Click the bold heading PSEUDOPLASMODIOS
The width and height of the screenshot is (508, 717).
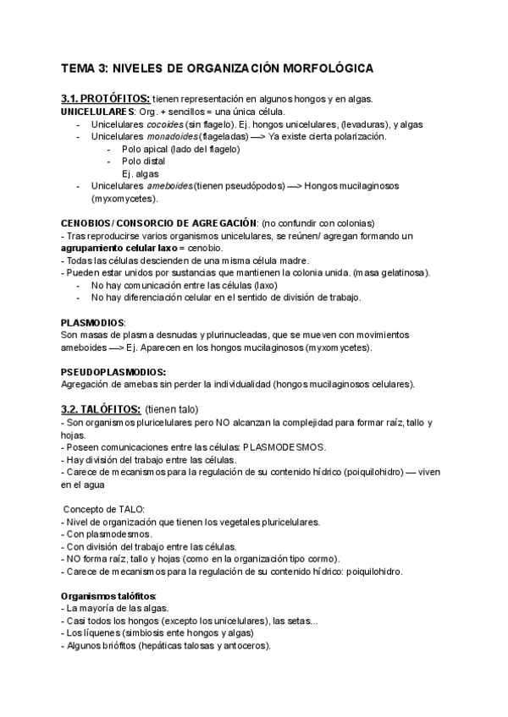click(x=113, y=372)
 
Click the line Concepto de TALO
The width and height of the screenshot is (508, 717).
click(x=105, y=509)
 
